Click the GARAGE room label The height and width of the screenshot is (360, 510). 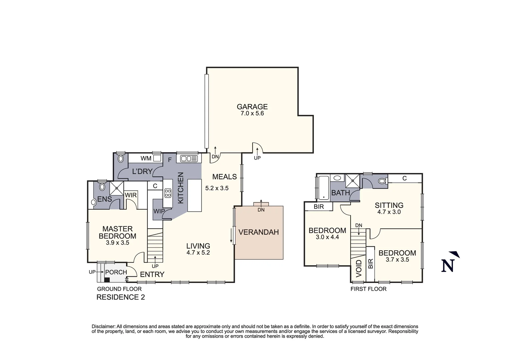252,107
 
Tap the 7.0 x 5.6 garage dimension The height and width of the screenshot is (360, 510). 252,113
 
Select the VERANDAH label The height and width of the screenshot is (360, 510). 259,232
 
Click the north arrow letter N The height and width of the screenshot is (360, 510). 448,266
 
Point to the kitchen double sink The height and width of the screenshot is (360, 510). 188,159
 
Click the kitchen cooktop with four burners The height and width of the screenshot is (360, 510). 168,193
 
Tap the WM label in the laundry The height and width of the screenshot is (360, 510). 146,158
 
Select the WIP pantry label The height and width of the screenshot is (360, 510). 159,211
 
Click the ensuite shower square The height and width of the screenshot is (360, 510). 117,188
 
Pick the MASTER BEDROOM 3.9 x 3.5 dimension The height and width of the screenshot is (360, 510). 117,243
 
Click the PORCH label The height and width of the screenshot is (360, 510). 116,272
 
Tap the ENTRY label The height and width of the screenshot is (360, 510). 152,274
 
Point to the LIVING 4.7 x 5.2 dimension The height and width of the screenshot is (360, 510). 198,253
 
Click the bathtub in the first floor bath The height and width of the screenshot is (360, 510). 323,188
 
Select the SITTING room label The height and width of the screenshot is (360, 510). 389,205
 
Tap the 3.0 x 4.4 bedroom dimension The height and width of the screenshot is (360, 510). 327,237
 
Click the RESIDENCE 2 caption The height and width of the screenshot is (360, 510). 120,297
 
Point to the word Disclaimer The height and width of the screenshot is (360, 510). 103,326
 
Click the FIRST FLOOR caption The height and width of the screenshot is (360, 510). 368,289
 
